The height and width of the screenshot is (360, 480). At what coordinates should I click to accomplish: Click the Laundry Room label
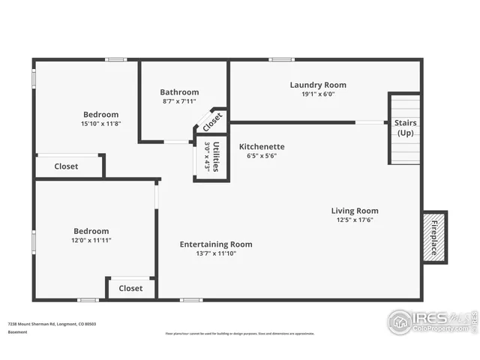318,85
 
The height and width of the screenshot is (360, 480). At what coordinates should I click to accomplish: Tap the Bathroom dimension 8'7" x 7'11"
179,101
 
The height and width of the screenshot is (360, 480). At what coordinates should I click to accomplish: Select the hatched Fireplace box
433,237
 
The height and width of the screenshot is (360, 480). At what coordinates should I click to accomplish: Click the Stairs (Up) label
405,127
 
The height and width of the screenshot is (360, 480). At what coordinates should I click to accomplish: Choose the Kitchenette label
261,146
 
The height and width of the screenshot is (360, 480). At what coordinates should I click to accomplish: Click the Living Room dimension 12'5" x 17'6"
355,220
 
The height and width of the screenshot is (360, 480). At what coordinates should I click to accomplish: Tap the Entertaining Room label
215,244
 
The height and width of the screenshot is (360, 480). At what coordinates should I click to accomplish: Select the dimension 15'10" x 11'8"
100,124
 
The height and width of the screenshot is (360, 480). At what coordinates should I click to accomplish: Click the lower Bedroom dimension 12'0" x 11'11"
91,240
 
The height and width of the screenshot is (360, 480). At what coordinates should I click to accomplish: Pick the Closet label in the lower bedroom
130,288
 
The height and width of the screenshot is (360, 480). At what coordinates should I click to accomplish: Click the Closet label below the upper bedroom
66,166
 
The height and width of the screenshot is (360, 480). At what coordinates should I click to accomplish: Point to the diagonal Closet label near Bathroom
212,121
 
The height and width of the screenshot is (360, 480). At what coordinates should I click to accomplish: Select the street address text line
52,324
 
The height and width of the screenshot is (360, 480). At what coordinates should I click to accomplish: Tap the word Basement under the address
18,331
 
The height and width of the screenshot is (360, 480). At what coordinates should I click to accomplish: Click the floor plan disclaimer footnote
240,334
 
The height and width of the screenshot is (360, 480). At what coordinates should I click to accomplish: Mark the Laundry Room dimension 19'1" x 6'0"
318,94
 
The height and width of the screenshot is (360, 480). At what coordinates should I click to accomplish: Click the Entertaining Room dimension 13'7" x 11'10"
215,253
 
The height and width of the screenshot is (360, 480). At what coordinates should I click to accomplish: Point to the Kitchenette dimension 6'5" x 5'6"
261,156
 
